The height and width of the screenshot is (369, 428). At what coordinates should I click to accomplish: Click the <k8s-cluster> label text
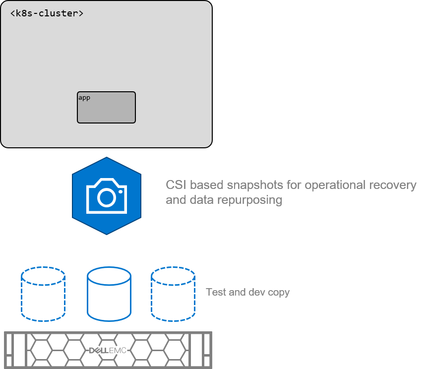coord(47,13)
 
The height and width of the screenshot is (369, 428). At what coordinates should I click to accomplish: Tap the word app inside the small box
coord(84,98)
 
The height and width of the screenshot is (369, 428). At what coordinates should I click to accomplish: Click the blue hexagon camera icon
coord(107,196)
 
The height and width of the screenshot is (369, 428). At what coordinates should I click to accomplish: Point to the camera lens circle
coord(106,197)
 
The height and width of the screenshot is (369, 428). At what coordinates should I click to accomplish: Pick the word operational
coord(334,185)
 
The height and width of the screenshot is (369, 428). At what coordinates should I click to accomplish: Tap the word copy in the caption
coord(279,293)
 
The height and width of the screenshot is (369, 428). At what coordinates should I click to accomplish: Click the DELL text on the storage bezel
coord(99,351)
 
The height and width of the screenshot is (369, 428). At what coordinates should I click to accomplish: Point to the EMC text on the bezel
coord(119,351)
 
